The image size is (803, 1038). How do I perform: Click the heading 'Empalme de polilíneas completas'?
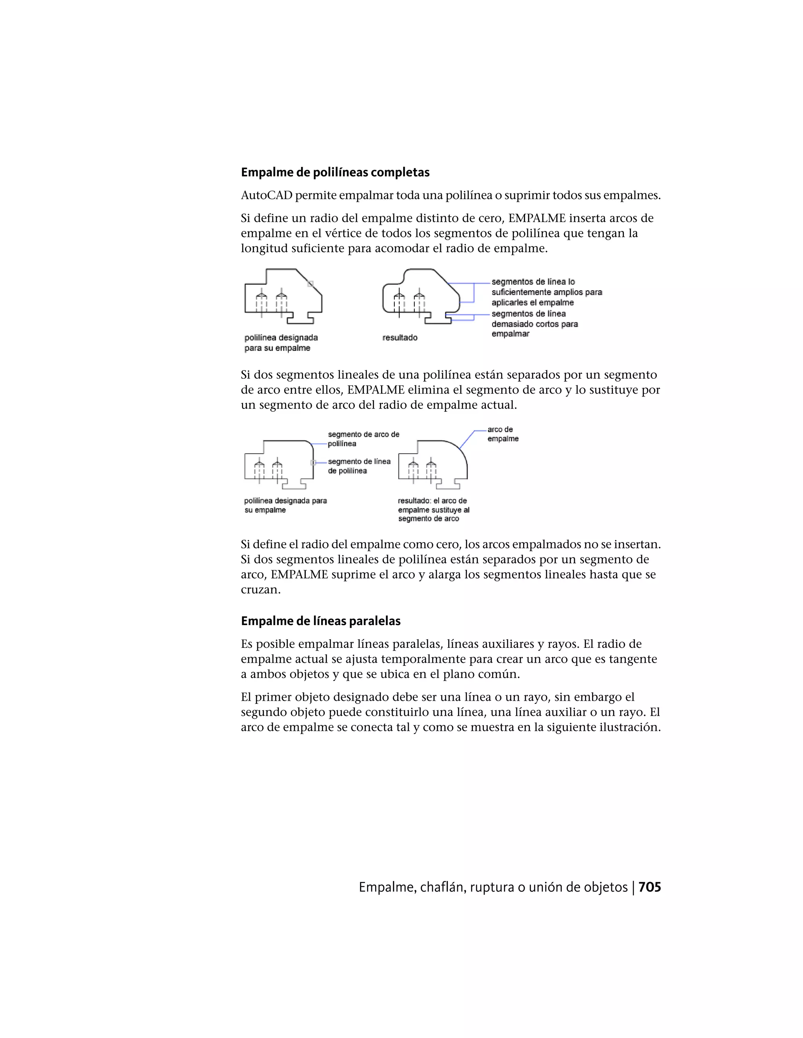pyautogui.click(x=335, y=172)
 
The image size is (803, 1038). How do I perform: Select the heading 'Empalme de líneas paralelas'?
pyautogui.click(x=321, y=621)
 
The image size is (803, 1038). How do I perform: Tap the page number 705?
pyautogui.click(x=649, y=887)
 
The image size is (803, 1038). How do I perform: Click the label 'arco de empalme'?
pyautogui.click(x=502, y=434)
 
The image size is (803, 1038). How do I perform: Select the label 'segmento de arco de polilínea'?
pyautogui.click(x=363, y=439)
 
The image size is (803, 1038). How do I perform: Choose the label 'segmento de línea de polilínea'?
pyautogui.click(x=359, y=466)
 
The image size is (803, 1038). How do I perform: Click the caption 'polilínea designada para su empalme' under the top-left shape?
pyautogui.click(x=281, y=343)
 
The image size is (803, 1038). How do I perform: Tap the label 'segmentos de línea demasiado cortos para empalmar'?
pyautogui.click(x=534, y=324)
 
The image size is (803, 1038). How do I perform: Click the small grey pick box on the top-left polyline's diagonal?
pyautogui.click(x=310, y=284)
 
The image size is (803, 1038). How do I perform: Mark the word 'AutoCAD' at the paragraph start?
pyautogui.click(x=266, y=195)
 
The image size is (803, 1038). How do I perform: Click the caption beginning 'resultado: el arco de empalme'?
pyautogui.click(x=433, y=510)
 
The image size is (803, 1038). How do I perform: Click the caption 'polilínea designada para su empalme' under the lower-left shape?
pyautogui.click(x=285, y=505)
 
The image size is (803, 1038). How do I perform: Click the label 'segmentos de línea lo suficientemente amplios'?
pyautogui.click(x=546, y=292)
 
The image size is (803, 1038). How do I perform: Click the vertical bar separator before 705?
pyautogui.click(x=633, y=887)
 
